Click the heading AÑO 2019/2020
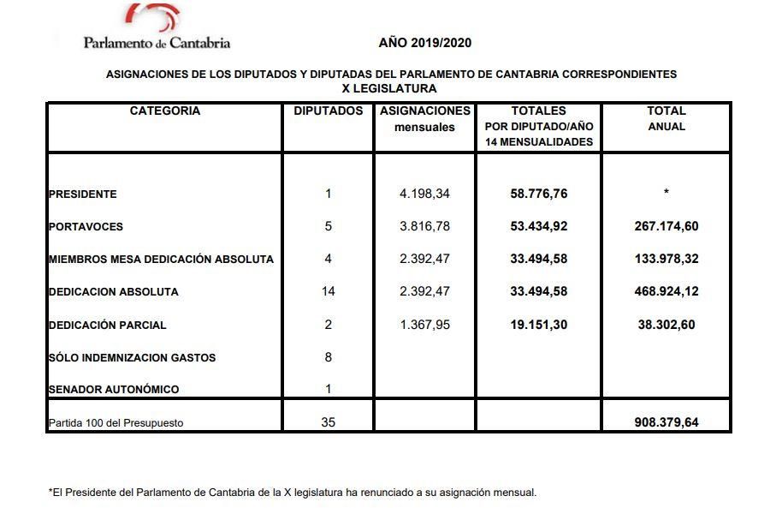(x=425, y=43)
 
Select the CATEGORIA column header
(x=165, y=111)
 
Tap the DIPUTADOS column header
(x=329, y=111)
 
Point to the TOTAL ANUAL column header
(x=666, y=118)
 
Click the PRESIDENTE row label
(x=83, y=194)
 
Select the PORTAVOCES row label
(x=86, y=227)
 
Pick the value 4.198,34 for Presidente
(x=424, y=194)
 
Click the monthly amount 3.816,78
(x=424, y=226)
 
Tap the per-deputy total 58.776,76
(x=539, y=194)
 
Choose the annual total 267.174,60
(x=666, y=226)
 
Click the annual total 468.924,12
(x=666, y=291)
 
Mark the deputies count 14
(x=329, y=291)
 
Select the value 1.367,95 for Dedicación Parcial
(x=424, y=325)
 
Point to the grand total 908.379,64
(x=666, y=422)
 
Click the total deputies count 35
(x=329, y=422)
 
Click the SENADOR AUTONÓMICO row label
(x=114, y=390)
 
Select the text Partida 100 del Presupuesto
(x=116, y=423)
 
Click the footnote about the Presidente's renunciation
(x=293, y=493)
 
